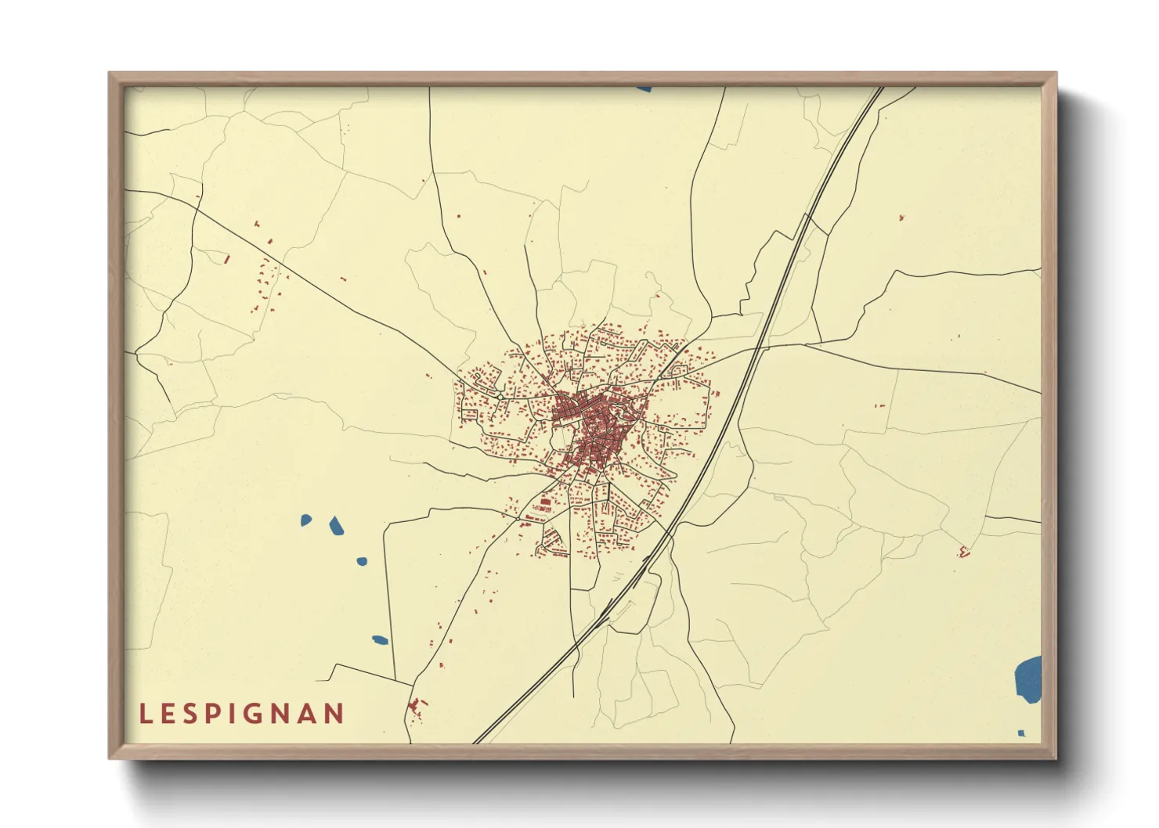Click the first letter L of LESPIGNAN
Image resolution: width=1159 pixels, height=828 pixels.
pos(145,714)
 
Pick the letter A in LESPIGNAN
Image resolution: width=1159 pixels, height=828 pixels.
pos(308,714)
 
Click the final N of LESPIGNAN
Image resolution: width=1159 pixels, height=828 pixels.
pos(334,714)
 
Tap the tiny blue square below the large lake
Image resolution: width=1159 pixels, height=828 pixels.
pos(1021,733)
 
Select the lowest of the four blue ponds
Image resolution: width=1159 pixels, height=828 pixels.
pos(380,640)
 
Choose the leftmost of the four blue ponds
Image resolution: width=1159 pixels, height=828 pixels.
pos(306,519)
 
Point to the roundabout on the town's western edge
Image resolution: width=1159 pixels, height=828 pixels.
pos(500,397)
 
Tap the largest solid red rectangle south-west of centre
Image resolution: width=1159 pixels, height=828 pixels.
pos(545,502)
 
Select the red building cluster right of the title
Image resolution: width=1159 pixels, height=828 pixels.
pos(417,707)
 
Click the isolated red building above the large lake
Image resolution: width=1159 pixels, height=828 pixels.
pos(964,552)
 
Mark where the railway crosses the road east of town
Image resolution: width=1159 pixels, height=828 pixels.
pos(760,347)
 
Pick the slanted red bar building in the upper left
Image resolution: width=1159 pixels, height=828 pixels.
pos(227,257)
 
